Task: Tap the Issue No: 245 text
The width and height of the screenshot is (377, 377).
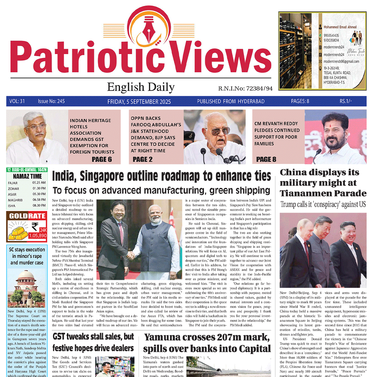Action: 51,102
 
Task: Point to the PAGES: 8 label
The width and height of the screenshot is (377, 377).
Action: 300,102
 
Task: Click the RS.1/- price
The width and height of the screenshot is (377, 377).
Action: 346,102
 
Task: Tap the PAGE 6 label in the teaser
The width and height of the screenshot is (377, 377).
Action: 102,159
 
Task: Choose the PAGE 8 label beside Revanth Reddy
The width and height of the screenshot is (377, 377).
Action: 266,159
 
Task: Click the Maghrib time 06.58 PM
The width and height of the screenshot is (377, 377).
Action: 39,199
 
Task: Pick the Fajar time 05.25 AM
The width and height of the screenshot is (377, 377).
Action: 39,183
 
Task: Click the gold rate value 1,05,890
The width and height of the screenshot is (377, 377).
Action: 38,236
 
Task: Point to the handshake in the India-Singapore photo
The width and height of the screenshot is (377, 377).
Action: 131,256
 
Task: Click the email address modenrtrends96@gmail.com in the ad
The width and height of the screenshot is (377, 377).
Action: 341,61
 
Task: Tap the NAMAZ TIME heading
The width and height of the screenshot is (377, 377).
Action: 27,176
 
